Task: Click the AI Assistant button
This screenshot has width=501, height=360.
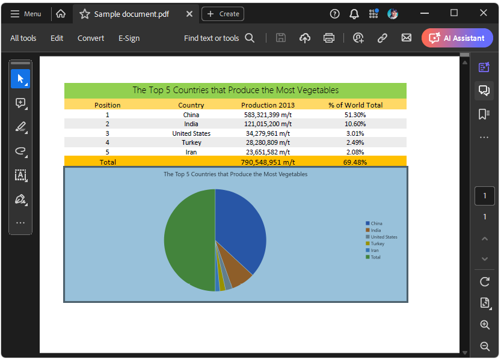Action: (x=457, y=38)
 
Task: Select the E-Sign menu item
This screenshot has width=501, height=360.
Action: (x=129, y=38)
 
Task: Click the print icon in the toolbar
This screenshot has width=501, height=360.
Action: (x=329, y=38)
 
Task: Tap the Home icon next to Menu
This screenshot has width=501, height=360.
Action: (x=61, y=13)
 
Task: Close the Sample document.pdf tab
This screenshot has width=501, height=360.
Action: (x=189, y=14)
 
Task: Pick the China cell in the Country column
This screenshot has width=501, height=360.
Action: (x=191, y=115)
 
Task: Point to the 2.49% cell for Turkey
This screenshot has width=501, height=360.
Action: (x=355, y=142)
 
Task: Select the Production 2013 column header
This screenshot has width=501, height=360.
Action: (x=268, y=105)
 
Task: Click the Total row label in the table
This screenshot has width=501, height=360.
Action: (x=108, y=162)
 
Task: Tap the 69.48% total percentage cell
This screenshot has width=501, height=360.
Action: (x=355, y=162)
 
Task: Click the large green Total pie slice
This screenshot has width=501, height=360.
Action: (x=186, y=240)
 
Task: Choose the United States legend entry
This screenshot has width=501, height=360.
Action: (x=384, y=237)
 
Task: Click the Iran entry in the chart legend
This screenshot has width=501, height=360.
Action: (x=375, y=251)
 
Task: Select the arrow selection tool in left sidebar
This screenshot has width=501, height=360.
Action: (x=20, y=79)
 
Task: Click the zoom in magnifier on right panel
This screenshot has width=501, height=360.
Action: (x=485, y=325)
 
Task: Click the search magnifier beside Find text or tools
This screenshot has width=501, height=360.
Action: (x=250, y=38)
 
